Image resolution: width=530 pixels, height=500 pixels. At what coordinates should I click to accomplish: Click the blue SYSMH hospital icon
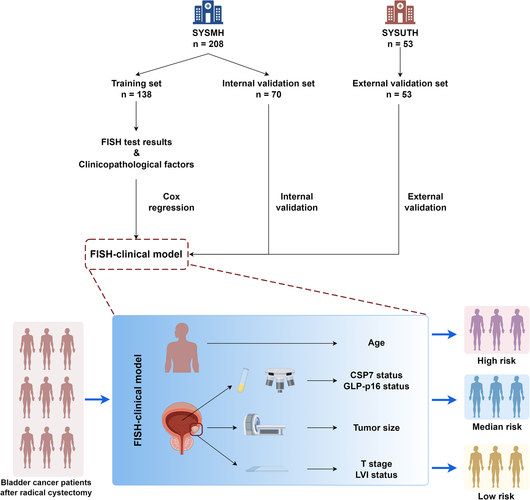point(208,12)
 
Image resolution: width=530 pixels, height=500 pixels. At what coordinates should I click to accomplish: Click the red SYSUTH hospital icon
point(400,12)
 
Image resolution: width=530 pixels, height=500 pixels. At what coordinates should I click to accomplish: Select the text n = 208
point(208,44)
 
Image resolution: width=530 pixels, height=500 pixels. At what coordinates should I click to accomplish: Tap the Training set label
point(136,83)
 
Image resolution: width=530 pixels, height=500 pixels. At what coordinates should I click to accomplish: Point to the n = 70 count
point(268,95)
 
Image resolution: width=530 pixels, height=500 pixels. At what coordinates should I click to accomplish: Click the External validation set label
point(400,83)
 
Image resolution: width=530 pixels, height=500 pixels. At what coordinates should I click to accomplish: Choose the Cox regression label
point(171,202)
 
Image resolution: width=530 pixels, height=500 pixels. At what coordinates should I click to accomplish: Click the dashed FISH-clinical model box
point(136,254)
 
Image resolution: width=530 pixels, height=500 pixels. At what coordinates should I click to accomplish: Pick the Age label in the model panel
point(376,343)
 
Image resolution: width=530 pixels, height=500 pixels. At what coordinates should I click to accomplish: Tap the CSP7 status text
point(376,375)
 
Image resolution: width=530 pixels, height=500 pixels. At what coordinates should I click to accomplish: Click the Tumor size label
point(376,428)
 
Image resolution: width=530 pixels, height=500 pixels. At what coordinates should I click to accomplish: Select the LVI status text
point(376,475)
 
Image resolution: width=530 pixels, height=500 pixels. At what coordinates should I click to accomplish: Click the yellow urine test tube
point(243,380)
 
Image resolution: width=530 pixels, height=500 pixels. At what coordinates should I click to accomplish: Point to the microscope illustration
point(280,380)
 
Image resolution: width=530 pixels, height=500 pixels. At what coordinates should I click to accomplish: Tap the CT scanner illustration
point(264,425)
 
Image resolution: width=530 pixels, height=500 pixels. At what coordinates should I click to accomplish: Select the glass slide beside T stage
point(267,469)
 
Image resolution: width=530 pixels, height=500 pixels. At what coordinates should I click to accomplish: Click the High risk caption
point(496,361)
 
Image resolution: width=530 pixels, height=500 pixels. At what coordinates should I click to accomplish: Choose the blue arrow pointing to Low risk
point(444,468)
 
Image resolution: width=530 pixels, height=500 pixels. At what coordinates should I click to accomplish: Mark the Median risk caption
point(497,427)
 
